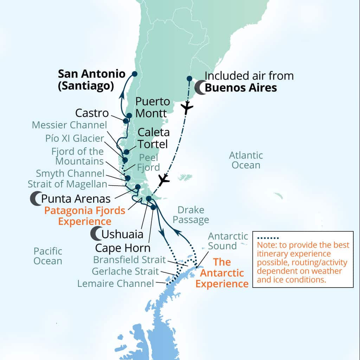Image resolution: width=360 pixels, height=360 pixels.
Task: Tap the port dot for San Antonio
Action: pos(134,74)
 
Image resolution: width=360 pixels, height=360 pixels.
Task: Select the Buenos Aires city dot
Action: pos(189,78)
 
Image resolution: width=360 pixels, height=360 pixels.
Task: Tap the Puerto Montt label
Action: pos(153,108)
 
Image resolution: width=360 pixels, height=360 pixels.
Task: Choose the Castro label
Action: pos(92,113)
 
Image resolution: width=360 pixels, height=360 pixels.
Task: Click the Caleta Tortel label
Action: pos(154,138)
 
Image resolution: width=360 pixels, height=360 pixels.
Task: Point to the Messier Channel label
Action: pos(69,125)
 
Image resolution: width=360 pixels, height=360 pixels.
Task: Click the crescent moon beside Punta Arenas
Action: pos(36,199)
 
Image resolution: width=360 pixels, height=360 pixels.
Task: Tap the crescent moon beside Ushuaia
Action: pos(96,234)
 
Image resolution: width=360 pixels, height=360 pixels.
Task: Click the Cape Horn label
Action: pos(123,248)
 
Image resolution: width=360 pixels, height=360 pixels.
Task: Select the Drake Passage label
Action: pos(191,215)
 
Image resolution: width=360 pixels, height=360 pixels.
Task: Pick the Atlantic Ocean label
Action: pos(246,160)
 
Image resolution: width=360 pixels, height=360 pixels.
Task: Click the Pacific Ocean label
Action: pos(48,256)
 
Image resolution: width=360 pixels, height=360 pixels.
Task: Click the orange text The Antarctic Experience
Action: pos(222,273)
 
